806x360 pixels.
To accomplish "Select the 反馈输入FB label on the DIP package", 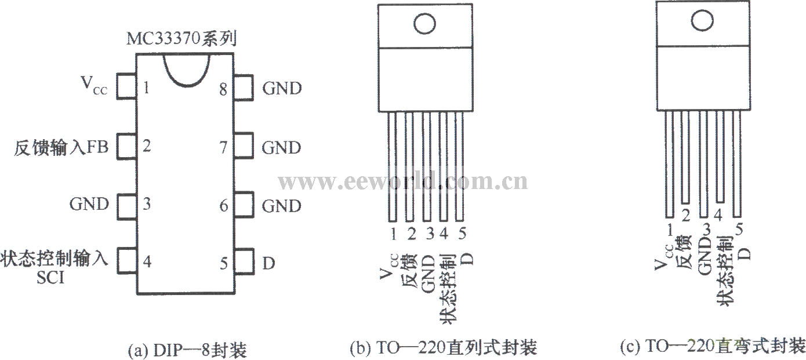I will [x=60, y=148].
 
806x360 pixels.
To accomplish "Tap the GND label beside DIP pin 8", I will [x=282, y=89].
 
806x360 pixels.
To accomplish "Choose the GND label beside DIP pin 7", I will [x=282, y=148].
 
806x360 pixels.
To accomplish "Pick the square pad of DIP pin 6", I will [x=244, y=205].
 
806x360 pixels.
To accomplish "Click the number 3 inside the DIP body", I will [x=147, y=204].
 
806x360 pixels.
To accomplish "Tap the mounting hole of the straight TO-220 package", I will [x=423, y=24].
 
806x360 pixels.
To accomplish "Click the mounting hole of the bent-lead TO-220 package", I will [x=703, y=21].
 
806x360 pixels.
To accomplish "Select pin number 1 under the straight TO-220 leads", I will [x=394, y=234].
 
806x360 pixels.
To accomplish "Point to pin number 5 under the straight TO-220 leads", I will [x=462, y=234].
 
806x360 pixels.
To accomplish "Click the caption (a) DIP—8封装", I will [x=186, y=349].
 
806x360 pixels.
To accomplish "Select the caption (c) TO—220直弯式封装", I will [x=713, y=347].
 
